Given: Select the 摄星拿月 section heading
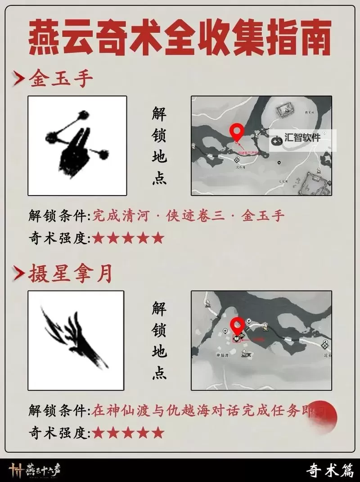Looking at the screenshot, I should pos(70,274).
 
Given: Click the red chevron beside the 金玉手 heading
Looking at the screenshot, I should pos(18,80).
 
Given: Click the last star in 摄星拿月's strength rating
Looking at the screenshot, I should pos(157,433).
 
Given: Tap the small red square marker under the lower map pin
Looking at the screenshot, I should pos(237,340).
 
